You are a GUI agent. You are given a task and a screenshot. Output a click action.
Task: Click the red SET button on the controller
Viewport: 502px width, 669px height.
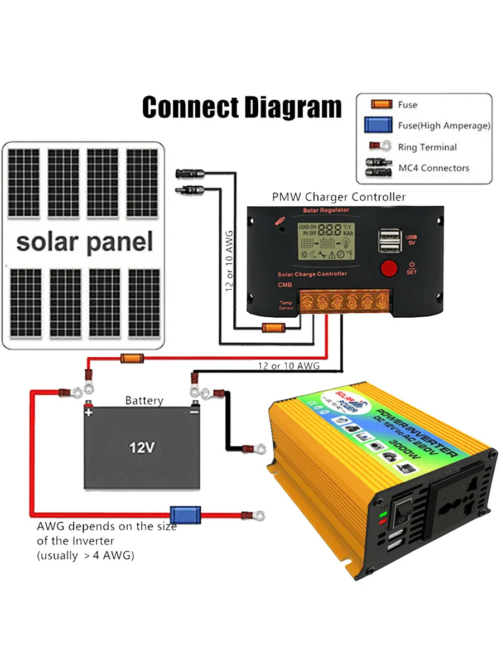pos(389,268)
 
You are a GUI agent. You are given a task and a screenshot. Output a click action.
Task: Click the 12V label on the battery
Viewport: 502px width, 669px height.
pos(142,447)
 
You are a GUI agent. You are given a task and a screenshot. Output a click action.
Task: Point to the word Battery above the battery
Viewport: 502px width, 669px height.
pos(144,400)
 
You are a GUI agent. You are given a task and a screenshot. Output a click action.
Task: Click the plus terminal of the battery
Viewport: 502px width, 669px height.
pos(88,413)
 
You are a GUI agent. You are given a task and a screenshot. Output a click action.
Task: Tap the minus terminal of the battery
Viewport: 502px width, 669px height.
pos(194,413)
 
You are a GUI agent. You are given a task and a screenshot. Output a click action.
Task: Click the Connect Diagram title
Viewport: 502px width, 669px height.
pos(242,107)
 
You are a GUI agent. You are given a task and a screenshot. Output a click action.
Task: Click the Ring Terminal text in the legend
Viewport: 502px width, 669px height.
pos(427,147)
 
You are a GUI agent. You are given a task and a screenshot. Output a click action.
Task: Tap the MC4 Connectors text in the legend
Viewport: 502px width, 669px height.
pos(433,168)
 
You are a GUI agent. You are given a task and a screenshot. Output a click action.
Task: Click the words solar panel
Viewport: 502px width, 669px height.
pos(84,242)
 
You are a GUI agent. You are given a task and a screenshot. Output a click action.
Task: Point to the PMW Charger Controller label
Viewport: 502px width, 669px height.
pos(339,197)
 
